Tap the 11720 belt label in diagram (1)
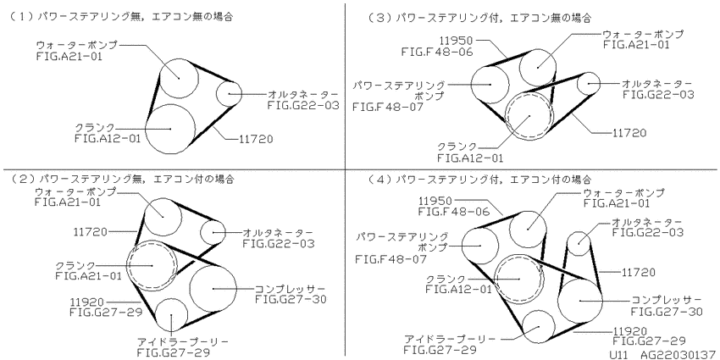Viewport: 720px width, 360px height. click(255, 138)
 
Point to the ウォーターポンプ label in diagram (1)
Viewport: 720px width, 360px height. click(77, 46)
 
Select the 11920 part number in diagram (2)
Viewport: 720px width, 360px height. click(87, 302)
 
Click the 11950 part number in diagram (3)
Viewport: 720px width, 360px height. click(456, 41)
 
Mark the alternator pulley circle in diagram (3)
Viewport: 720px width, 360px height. click(589, 83)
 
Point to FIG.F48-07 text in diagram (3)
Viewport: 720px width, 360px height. click(388, 107)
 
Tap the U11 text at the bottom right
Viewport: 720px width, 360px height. click(618, 355)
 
